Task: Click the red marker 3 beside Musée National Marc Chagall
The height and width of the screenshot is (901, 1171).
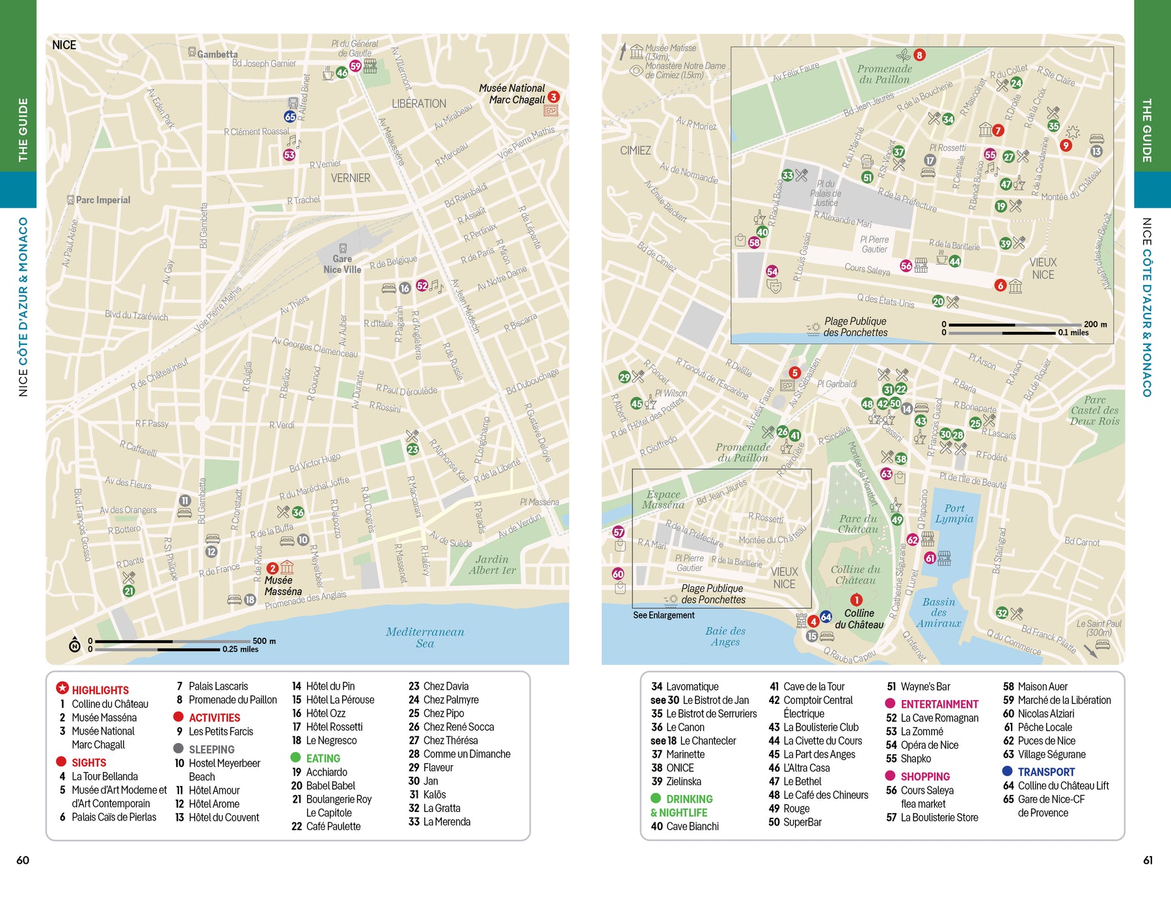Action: click(553, 97)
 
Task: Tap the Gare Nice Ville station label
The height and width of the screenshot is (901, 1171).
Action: click(342, 264)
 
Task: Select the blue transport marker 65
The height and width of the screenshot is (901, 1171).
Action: click(290, 116)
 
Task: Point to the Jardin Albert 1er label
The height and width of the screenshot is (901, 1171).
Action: click(492, 565)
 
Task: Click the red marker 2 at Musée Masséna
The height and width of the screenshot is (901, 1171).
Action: click(273, 568)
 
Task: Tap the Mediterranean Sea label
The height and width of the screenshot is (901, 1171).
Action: click(425, 637)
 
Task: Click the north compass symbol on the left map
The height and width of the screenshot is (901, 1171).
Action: click(75, 645)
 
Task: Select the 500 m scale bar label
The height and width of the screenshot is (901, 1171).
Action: click(263, 641)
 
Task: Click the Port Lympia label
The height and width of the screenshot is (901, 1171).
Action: click(954, 513)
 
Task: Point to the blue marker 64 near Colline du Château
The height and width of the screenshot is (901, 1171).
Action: click(826, 617)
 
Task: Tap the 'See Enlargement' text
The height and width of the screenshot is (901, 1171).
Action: click(664, 615)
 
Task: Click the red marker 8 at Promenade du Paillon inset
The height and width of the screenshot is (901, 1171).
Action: click(919, 55)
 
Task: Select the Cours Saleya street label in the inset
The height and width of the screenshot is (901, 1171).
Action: click(867, 269)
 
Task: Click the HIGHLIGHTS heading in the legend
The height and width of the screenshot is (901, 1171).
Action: click(100, 690)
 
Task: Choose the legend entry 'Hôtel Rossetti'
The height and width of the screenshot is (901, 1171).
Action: click(334, 727)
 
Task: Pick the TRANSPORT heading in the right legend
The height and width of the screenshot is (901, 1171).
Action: click(1045, 772)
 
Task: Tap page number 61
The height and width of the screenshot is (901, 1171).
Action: click(1148, 860)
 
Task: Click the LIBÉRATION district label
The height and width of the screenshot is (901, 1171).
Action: click(419, 103)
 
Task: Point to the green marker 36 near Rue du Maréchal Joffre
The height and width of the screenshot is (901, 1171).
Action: click(298, 513)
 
